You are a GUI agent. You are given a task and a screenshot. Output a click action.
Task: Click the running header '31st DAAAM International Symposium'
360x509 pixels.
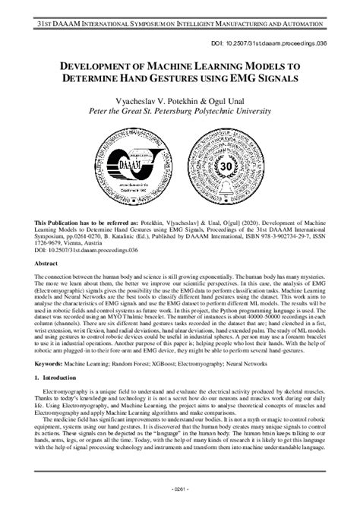pos(179,8)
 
